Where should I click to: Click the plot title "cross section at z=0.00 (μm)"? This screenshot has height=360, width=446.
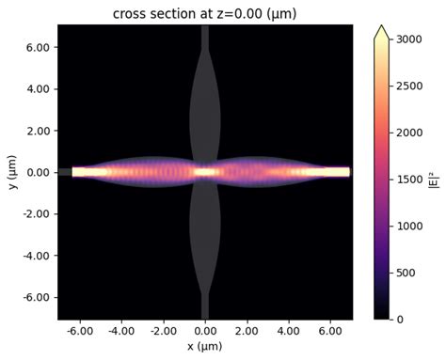pos(204,13)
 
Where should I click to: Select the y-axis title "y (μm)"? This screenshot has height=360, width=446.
pos(12,172)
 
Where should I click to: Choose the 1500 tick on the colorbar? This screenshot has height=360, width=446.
pos(406,180)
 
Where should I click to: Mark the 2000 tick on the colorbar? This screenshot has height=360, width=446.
pos(406,134)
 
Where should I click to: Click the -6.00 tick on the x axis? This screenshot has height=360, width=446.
pos(80,332)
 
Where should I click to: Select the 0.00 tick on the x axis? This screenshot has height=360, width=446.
pos(205,332)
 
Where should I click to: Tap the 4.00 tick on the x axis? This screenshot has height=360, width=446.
pos(288,332)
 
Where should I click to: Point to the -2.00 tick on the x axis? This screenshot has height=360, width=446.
pos(164,332)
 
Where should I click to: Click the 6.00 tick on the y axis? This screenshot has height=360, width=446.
pos(37,48)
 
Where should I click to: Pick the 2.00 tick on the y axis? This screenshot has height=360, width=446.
pos(37,131)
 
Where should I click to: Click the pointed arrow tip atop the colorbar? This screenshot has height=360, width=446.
pos(381,31)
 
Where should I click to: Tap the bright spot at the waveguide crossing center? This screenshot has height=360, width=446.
pos(205,172)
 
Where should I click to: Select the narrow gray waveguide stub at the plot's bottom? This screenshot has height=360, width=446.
pos(205,308)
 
